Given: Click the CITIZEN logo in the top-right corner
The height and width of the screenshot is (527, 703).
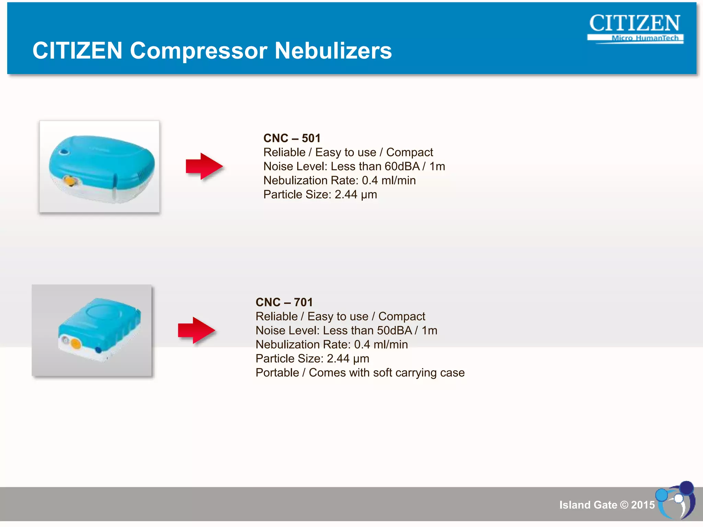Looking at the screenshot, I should click(x=634, y=23).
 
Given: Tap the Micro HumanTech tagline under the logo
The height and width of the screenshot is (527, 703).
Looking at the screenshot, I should click(x=645, y=38).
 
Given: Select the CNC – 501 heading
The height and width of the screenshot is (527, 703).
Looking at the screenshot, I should click(x=292, y=138).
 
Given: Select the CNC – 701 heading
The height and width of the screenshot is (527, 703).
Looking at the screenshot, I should click(x=284, y=302).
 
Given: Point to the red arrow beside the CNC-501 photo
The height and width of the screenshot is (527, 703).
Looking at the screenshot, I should click(x=204, y=166).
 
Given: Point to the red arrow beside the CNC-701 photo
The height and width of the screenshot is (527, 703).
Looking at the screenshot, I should click(x=196, y=330).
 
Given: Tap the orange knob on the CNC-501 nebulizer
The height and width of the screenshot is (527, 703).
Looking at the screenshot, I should click(x=70, y=180).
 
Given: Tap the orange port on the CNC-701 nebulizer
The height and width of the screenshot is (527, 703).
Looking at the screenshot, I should click(x=76, y=343).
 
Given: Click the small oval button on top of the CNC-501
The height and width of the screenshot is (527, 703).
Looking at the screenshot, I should click(x=64, y=152).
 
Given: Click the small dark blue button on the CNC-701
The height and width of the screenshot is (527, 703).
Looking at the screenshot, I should click(x=98, y=350).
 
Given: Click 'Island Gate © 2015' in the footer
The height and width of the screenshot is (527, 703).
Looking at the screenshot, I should click(x=607, y=505).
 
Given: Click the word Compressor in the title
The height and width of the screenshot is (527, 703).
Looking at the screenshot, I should click(x=198, y=51).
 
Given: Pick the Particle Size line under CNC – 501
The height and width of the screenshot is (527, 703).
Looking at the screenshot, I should click(x=320, y=195).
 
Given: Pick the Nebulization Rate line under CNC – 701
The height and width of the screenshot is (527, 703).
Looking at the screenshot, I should click(x=332, y=344).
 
